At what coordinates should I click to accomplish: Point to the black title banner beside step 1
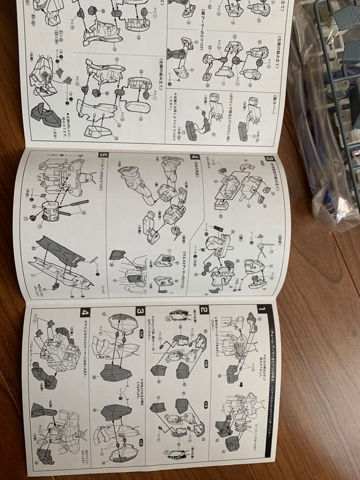coord(269,382)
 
